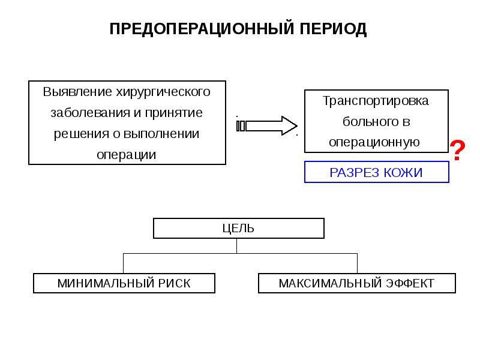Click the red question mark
(457, 151)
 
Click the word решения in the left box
(76, 134)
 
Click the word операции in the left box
(127, 155)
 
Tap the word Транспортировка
(376, 101)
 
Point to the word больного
(367, 122)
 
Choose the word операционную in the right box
(373, 143)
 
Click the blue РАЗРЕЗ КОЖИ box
(376, 173)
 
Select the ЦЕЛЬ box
(238, 228)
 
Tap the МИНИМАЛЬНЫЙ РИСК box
(124, 283)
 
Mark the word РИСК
(175, 283)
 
